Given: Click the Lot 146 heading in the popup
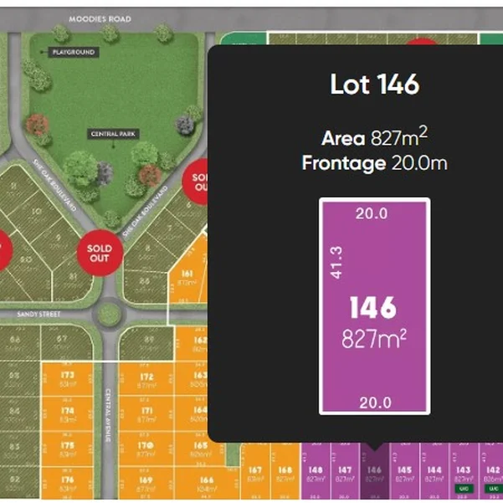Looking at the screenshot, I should [x=374, y=85].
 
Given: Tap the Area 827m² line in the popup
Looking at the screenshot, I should [x=374, y=137].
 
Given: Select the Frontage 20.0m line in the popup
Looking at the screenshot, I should [x=374, y=163].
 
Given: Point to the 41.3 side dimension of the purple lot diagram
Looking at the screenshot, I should [x=335, y=261].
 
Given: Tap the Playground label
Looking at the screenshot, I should [x=74, y=52].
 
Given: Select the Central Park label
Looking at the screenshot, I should [x=115, y=134].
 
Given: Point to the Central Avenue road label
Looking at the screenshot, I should [x=109, y=410].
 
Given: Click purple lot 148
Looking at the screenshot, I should [x=316, y=474].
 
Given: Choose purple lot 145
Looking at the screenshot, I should [x=403, y=474].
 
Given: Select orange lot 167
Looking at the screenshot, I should [x=255, y=474].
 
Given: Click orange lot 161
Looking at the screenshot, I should [x=187, y=278].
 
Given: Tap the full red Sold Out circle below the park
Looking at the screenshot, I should [x=95, y=252].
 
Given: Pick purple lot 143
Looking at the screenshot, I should [x=462, y=474].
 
